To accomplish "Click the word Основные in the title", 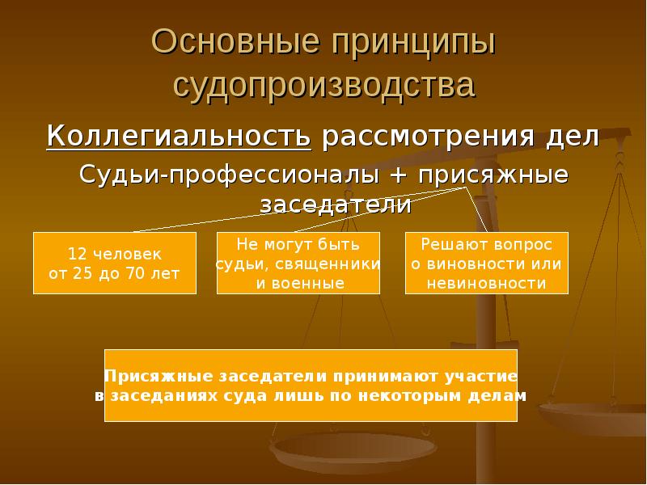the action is pyautogui.click(x=235, y=41).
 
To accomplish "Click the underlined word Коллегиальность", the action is pyautogui.click(x=179, y=136).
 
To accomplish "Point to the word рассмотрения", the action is pyautogui.click(x=428, y=137).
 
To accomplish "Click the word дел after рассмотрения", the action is pyautogui.click(x=572, y=137).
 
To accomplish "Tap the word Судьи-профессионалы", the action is pyautogui.click(x=229, y=175).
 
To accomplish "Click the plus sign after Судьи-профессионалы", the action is pyautogui.click(x=399, y=175).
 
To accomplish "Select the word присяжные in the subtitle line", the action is pyautogui.click(x=493, y=175).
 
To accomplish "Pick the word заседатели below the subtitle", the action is pyautogui.click(x=336, y=205).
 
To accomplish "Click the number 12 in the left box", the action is pyautogui.click(x=76, y=254).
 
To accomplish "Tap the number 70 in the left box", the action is pyautogui.click(x=134, y=273).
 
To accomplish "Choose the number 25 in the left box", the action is pyautogui.click(x=82, y=273).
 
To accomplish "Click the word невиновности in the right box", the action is pyautogui.click(x=487, y=284).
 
